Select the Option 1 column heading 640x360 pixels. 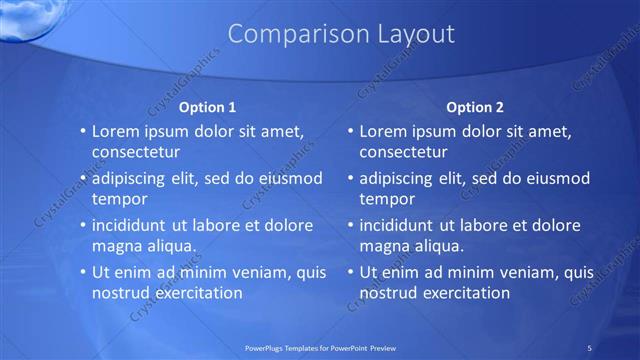pyautogui.click(x=207, y=107)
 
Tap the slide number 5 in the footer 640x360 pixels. pyautogui.click(x=589, y=347)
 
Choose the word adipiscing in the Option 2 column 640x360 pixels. pyautogui.click(x=400, y=178)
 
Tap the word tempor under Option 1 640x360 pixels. pyautogui.click(x=118, y=199)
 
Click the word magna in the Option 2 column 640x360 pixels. pyautogui.click(x=384, y=246)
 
